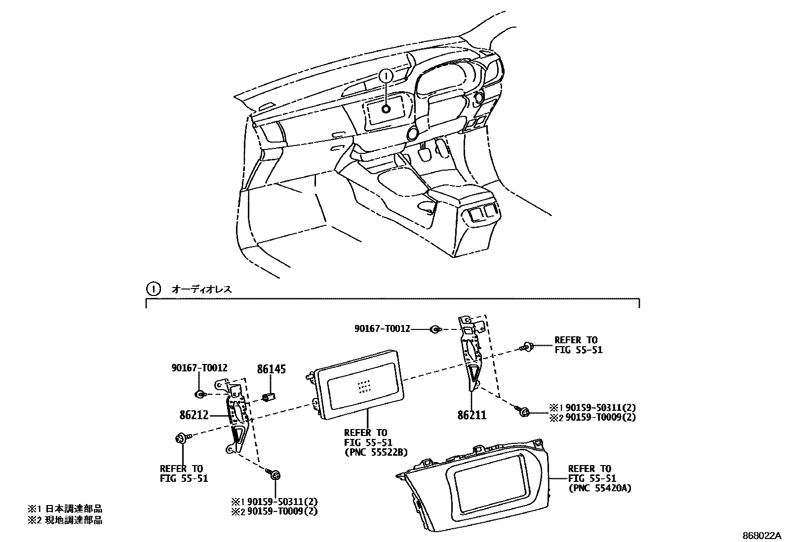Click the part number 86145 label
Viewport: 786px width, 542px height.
coord(271,369)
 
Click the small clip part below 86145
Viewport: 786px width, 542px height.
coord(270,396)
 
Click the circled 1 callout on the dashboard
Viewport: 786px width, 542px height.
coord(386,75)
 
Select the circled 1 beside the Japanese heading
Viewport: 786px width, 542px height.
coord(154,289)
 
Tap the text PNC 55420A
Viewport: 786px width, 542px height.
coord(599,488)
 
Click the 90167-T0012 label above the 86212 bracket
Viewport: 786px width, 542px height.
coord(199,367)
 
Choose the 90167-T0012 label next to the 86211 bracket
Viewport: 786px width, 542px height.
coord(382,328)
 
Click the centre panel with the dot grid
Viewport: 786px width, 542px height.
coord(359,384)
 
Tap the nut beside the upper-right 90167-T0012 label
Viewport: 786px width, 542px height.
coord(435,329)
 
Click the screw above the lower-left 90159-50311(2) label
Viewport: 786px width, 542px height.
coord(275,475)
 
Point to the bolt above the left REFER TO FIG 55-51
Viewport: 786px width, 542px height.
coord(181,437)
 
